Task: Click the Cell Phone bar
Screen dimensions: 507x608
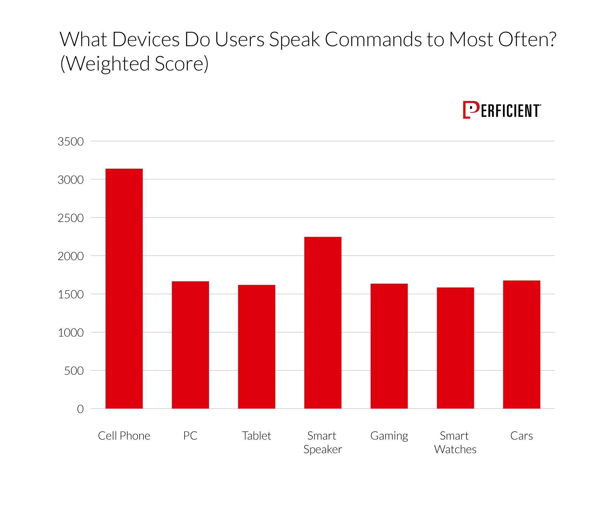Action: tap(124, 288)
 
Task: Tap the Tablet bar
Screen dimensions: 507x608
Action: tap(256, 346)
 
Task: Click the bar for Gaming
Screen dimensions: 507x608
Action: tap(389, 346)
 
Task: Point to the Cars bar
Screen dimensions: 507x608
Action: tap(522, 344)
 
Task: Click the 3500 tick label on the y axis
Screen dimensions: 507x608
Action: tap(71, 142)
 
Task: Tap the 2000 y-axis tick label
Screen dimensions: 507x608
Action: tap(71, 256)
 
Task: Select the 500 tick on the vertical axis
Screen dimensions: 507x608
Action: tap(74, 371)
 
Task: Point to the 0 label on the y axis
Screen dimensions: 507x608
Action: tap(80, 409)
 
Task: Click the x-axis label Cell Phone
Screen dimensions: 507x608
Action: tap(124, 436)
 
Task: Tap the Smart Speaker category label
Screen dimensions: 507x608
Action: tap(322, 442)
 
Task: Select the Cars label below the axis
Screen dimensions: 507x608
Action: tap(522, 436)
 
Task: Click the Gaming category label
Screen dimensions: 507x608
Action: tap(389, 436)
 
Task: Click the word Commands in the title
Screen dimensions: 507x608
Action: tap(373, 40)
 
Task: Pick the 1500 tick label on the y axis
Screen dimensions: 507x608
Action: tap(71, 295)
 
